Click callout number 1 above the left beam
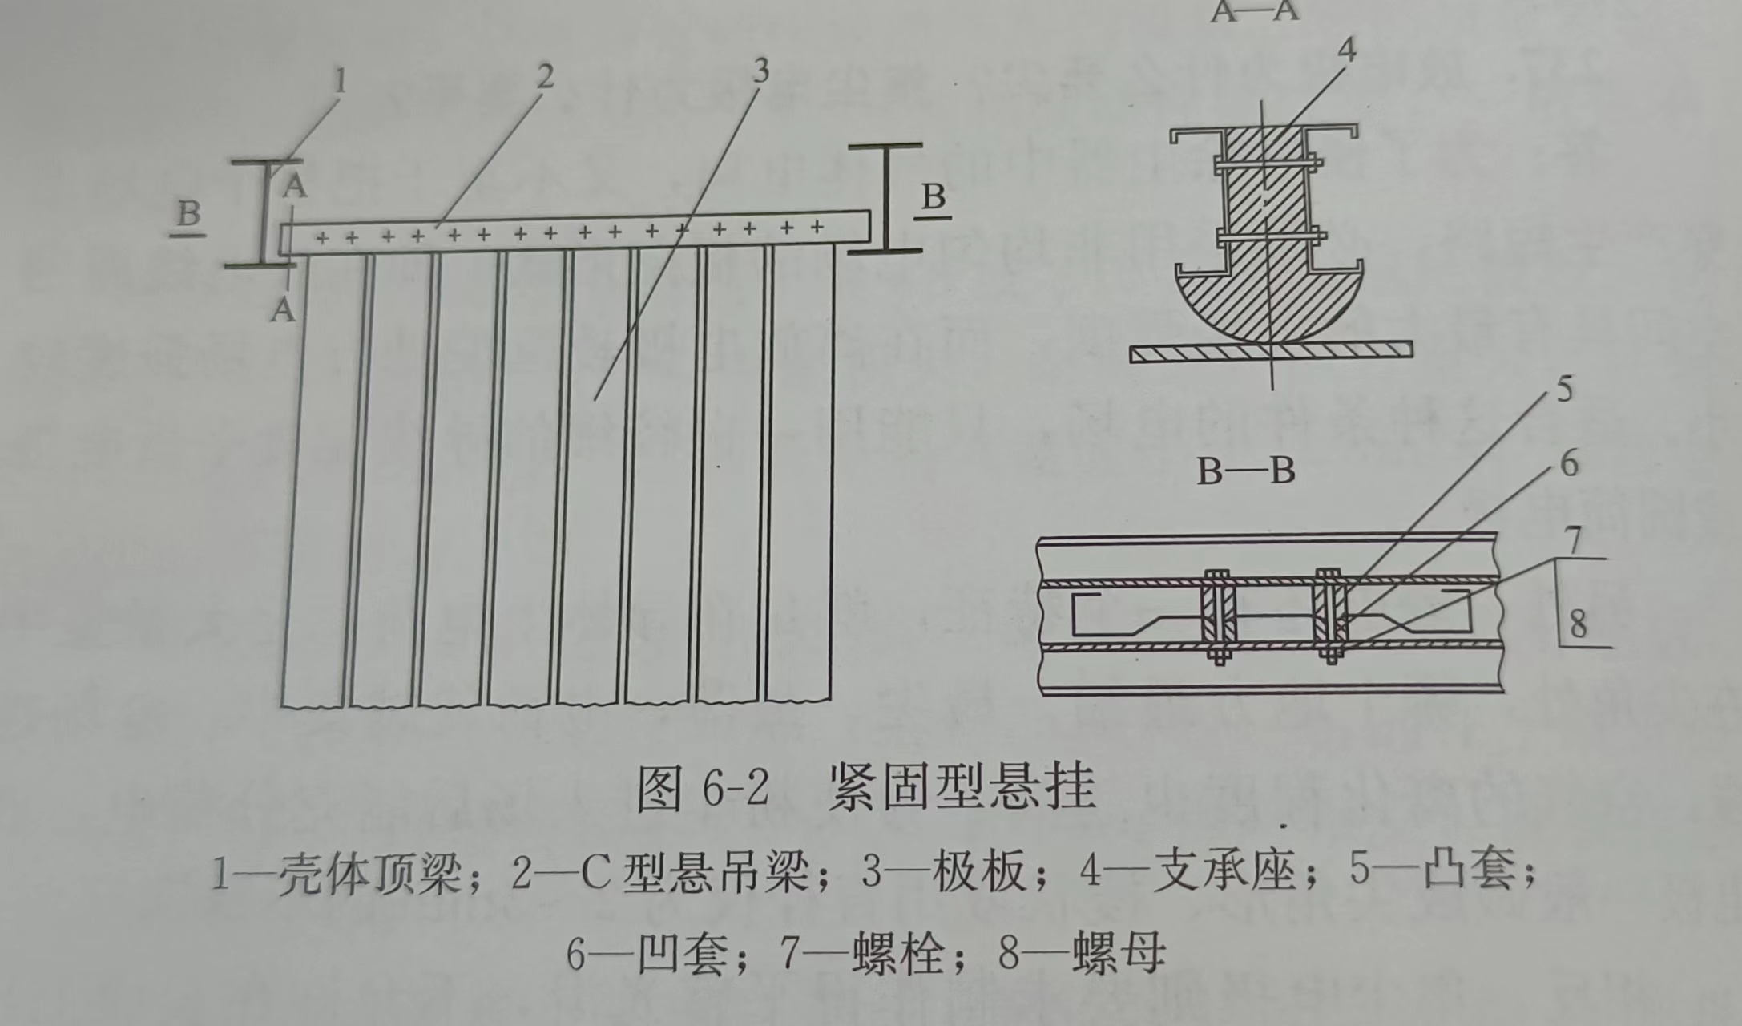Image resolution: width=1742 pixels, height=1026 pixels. coord(341,80)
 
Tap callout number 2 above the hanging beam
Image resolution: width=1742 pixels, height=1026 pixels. coord(545,76)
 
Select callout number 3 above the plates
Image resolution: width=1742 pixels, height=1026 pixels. coord(760,71)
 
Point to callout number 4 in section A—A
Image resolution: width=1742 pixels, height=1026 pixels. coord(1347,50)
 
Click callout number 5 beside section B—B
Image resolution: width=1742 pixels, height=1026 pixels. coord(1564,389)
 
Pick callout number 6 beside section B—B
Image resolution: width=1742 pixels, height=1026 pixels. coord(1569,463)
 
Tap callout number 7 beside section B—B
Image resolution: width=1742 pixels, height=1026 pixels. coord(1574,539)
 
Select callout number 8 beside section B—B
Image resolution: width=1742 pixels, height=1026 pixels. coord(1578,623)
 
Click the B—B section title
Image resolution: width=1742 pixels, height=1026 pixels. coord(1245,471)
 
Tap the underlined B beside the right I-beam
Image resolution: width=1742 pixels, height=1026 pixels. coord(934,197)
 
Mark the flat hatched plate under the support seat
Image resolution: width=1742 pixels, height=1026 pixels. coord(1271,351)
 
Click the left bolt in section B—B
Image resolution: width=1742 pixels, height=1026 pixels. coord(1218,616)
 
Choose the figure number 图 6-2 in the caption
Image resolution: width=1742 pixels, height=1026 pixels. coord(703,789)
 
